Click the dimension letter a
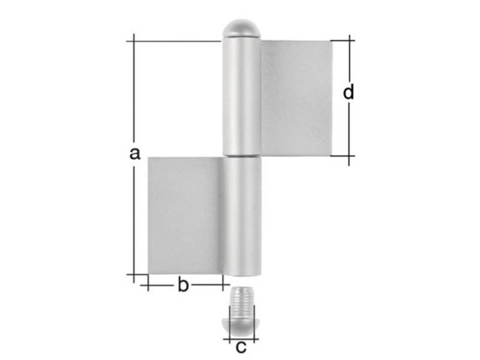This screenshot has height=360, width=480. click(134, 153)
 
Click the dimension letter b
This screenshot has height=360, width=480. click(183, 284)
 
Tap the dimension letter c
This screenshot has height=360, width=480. click(241, 347)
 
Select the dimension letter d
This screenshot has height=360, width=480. click(349, 92)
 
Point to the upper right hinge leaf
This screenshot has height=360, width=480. click(296, 98)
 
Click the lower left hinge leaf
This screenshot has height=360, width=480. click(185, 216)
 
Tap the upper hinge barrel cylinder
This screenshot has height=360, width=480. click(241, 97)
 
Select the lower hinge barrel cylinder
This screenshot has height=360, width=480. click(242, 217)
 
